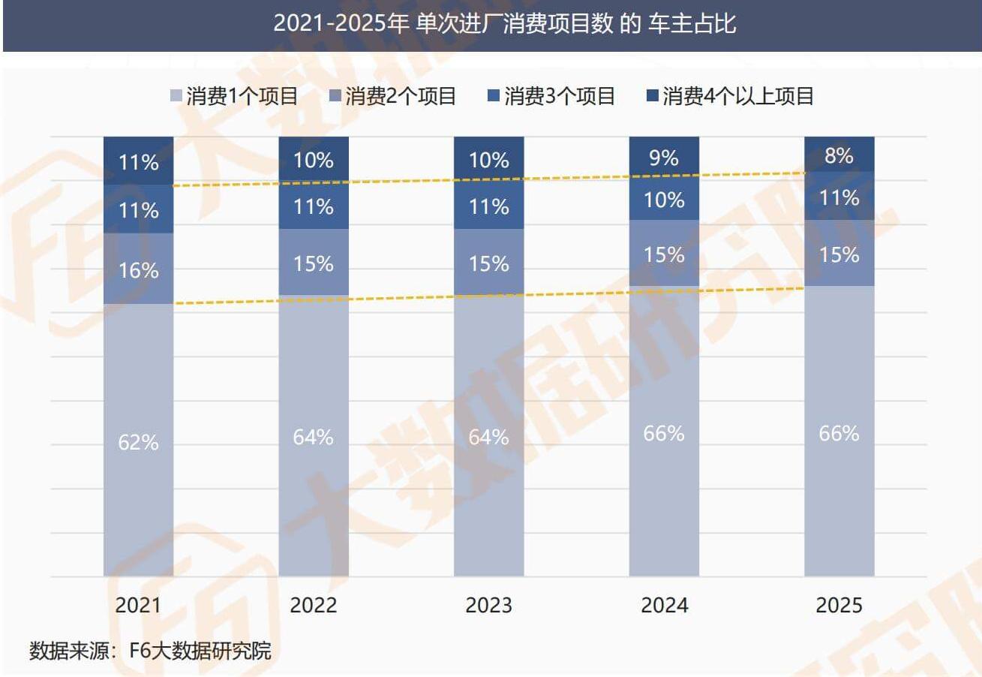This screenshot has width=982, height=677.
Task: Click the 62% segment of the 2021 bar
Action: [138, 441]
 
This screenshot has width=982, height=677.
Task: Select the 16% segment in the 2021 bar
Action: [138, 269]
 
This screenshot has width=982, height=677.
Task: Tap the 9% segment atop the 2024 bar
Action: [664, 158]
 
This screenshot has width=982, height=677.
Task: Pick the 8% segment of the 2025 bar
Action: [839, 155]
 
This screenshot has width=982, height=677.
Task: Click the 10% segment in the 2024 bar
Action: [664, 199]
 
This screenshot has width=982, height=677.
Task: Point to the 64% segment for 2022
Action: [314, 436]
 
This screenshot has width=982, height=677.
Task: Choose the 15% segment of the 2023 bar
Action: [489, 263]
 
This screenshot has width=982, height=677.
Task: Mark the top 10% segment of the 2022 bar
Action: [314, 159]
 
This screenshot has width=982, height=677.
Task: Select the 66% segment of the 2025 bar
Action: [839, 432]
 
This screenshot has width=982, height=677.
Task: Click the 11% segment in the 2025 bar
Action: [839, 197]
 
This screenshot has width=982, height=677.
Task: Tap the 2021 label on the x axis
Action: [138, 605]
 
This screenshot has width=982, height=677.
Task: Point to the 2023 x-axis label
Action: [489, 605]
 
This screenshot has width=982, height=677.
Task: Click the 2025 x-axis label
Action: [839, 605]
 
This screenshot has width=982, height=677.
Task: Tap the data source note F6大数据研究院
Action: [150, 650]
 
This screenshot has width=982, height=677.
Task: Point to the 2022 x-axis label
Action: [314, 605]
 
